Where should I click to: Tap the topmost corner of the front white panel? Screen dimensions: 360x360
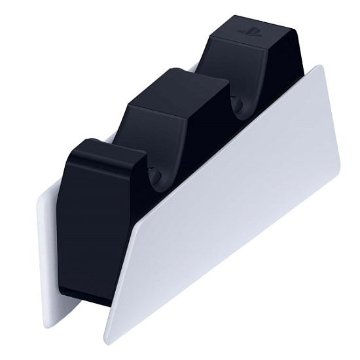point(320,65)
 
